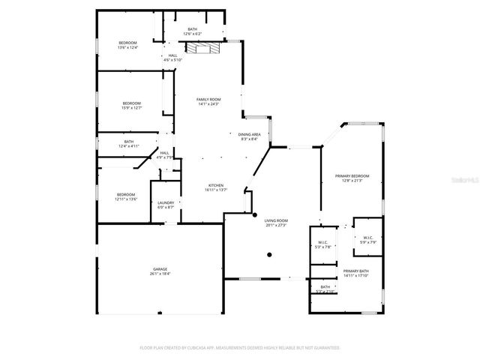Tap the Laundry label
click(166, 205)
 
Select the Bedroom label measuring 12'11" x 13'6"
click(126, 196)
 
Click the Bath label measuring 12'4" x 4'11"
click(129, 144)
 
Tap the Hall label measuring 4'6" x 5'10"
click(172, 58)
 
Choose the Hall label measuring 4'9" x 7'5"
click(164, 155)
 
